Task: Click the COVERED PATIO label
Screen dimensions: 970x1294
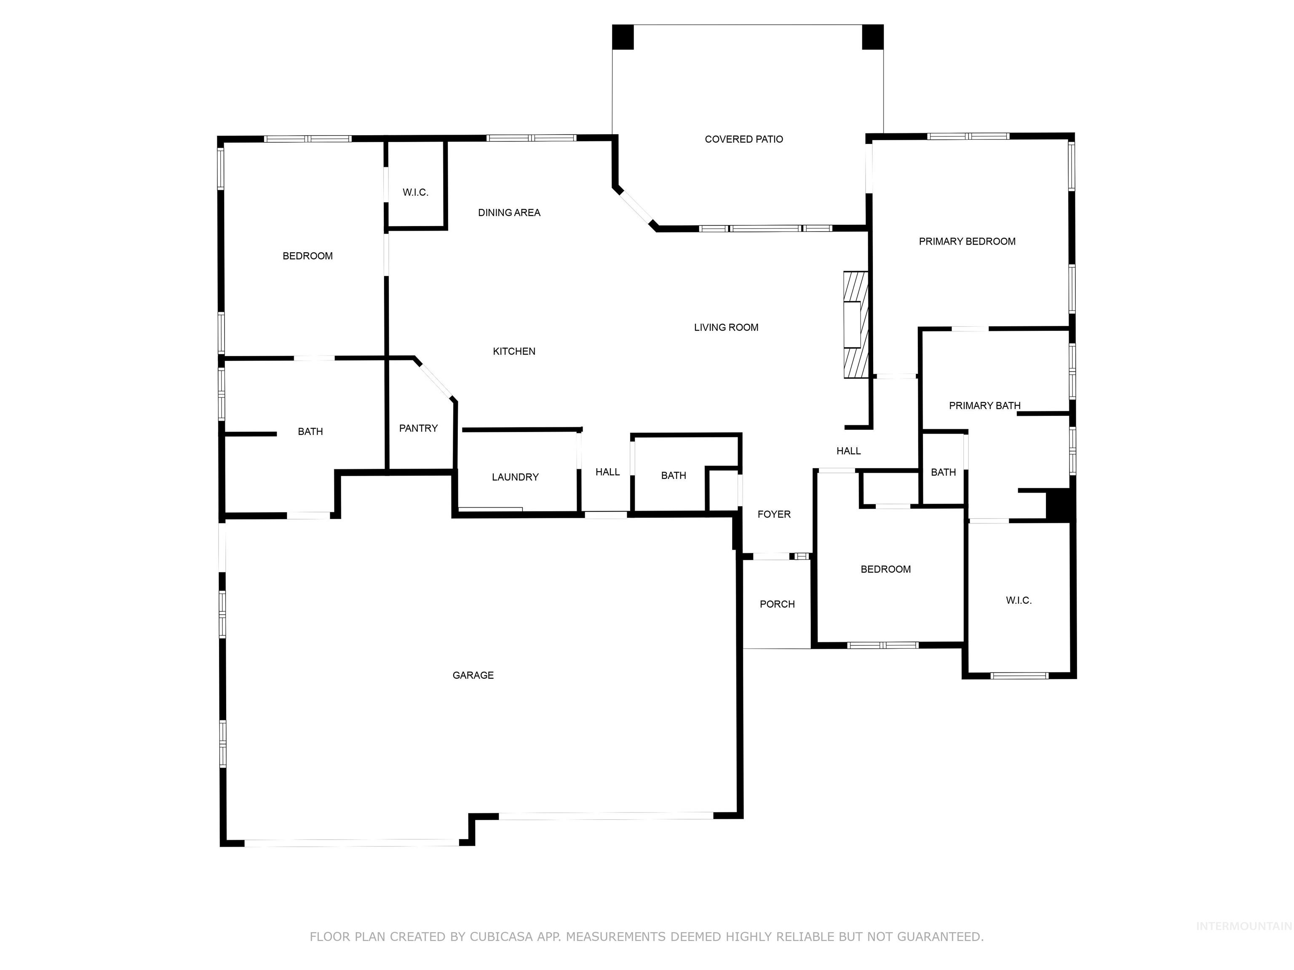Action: [743, 139]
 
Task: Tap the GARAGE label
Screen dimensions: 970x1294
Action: [473, 675]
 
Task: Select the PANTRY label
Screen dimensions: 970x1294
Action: [418, 429]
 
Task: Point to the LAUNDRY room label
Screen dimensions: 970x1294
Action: [515, 477]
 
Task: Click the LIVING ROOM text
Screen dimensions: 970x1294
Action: [726, 328]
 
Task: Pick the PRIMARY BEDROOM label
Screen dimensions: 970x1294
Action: [967, 242]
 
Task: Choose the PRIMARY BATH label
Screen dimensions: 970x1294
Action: [984, 406]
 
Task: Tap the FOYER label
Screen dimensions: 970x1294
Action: [774, 514]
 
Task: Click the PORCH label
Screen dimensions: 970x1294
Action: [777, 605]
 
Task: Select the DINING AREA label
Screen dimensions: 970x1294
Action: [509, 213]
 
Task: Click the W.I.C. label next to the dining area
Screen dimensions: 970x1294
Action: [415, 192]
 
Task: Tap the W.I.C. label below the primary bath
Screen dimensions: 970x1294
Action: [1019, 600]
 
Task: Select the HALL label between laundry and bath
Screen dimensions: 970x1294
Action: [607, 472]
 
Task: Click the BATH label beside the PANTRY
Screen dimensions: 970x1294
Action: [310, 432]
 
